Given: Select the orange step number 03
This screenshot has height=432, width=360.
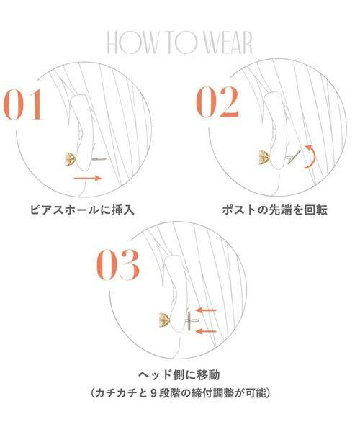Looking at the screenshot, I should coord(119,265).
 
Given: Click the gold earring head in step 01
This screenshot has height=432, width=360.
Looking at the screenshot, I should coord(71,158).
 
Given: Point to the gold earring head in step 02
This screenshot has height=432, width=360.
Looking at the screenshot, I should coord(264,157).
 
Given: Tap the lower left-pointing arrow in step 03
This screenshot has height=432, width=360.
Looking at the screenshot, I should coord(207,330).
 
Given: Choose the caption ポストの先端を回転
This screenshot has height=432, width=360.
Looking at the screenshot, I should coord(276,211).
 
